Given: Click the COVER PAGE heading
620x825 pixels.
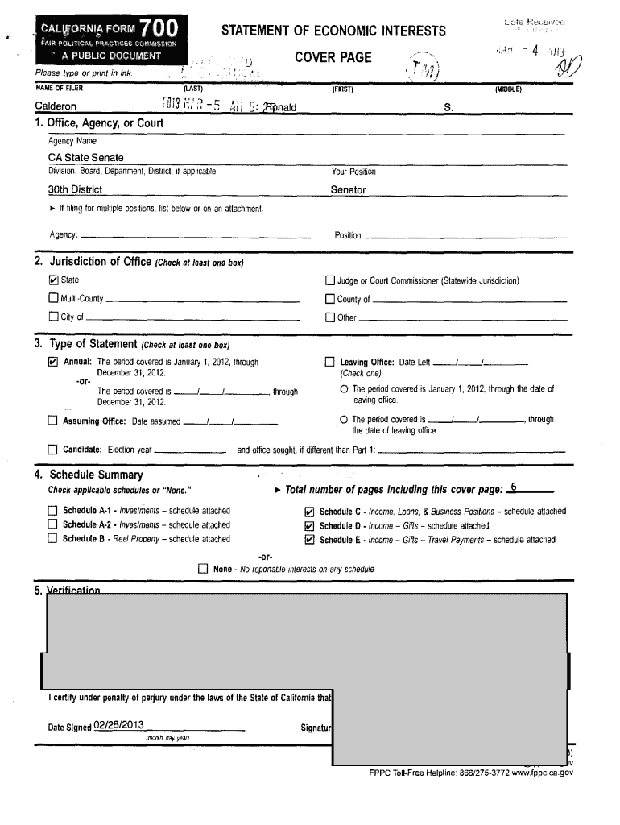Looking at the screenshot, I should [x=333, y=57].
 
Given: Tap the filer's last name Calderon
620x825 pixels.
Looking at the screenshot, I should [x=56, y=106].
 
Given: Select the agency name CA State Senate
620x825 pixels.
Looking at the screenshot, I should [x=86, y=158].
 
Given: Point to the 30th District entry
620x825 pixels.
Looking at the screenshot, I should [x=75, y=190].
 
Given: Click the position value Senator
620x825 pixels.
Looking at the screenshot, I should [x=348, y=190].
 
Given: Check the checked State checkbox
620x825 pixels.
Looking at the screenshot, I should [x=53, y=280].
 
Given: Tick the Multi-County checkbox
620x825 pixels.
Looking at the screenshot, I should [x=53, y=299].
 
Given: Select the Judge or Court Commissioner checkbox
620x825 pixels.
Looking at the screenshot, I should [x=329, y=280].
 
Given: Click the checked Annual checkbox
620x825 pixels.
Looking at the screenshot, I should [x=53, y=363].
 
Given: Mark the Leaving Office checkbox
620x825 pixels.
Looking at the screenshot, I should [x=329, y=363].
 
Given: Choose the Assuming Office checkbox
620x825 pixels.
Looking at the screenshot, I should [x=53, y=421].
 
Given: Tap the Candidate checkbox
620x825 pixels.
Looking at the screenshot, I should [x=53, y=450].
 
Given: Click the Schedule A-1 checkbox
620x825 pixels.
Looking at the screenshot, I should [x=53, y=511].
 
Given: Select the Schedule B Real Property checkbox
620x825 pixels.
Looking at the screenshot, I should [x=53, y=539].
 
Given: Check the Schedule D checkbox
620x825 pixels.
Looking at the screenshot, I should [x=308, y=526].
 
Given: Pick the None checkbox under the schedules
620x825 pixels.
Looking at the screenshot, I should [x=204, y=570].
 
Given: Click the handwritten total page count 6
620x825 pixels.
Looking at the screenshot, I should [x=515, y=487].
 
